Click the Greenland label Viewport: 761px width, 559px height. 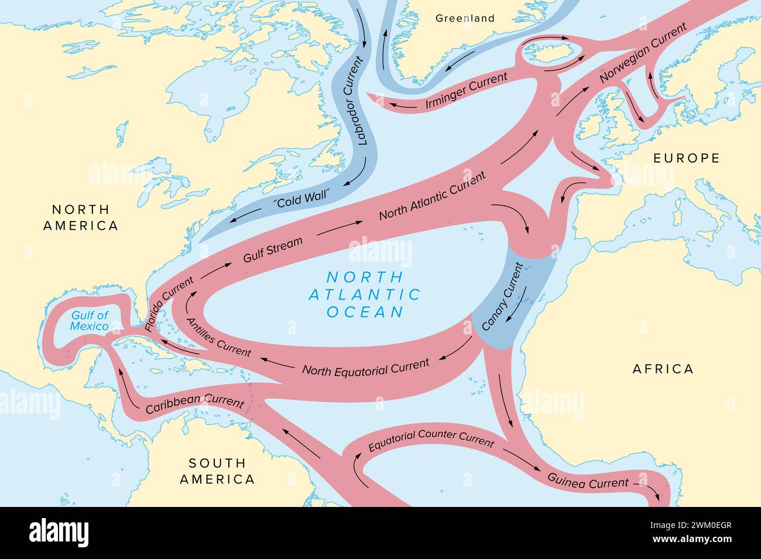[465, 18]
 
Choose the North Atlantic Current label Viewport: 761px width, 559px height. [432, 196]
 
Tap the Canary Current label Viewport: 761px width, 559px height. [502, 296]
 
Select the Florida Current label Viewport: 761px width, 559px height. [170, 304]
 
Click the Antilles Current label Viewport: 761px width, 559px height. [218, 336]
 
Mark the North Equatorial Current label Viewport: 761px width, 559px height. [365, 367]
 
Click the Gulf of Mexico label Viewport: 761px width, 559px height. [90, 320]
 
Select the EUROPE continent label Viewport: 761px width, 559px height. [686, 158]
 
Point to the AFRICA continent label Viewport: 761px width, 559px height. [663, 368]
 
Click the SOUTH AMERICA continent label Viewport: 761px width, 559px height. [217, 471]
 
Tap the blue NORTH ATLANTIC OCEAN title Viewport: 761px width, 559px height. [373, 294]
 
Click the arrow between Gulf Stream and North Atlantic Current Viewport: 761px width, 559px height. [338, 227]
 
